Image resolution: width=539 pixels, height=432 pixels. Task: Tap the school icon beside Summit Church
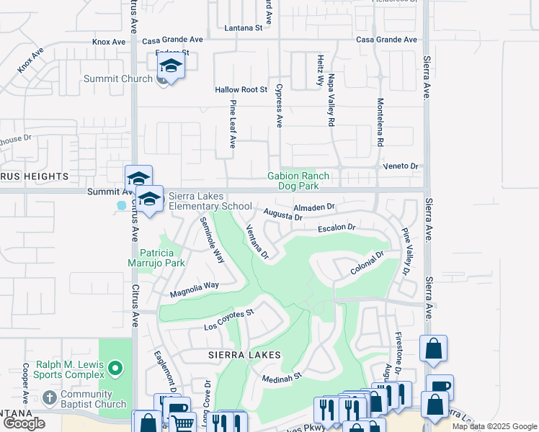(170, 67)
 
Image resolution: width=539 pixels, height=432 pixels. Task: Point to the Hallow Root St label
(241, 90)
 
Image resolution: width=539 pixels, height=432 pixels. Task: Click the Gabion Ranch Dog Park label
(298, 181)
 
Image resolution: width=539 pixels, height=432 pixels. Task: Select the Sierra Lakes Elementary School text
(210, 201)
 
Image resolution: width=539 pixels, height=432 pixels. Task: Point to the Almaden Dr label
(315, 207)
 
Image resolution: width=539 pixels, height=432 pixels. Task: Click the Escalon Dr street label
(337, 228)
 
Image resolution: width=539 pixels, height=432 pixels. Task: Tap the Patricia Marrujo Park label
(162, 258)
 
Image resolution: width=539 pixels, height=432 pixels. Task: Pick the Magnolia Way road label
(194, 289)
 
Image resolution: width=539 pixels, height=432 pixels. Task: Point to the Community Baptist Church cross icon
(49, 397)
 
